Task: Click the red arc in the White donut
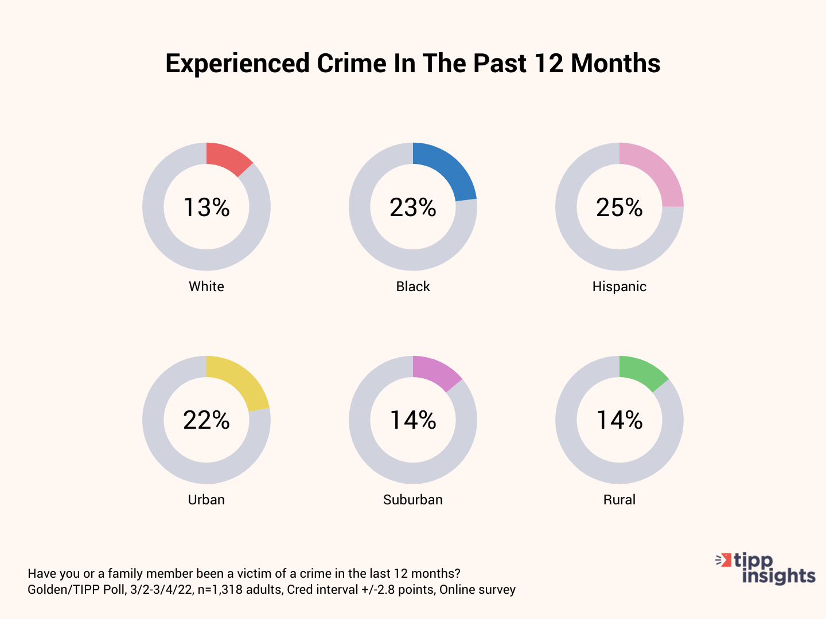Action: [x=227, y=157]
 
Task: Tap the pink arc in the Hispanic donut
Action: [x=656, y=174]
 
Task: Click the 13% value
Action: [x=206, y=207]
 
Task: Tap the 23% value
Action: [x=413, y=207]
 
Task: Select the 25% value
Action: [x=619, y=207]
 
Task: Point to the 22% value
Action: [x=206, y=420]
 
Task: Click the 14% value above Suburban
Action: [x=413, y=420]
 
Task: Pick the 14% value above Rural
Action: [x=619, y=420]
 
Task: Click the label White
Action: [x=206, y=287]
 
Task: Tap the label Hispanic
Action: [x=619, y=287]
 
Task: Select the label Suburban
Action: [x=413, y=500]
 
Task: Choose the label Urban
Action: [x=206, y=500]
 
